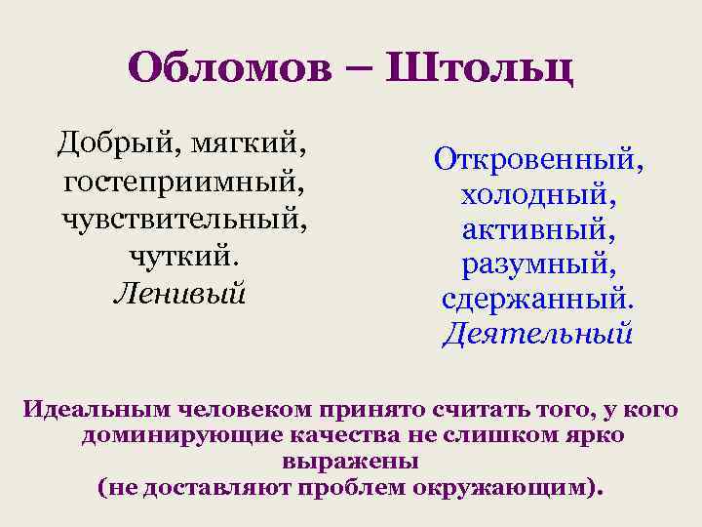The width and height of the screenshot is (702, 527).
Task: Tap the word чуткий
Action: [x=183, y=255]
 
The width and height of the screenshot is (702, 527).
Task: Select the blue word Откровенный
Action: [x=538, y=157]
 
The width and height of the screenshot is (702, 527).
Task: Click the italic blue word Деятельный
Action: [x=538, y=335]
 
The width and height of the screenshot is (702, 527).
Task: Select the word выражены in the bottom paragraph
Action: [x=350, y=459]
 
